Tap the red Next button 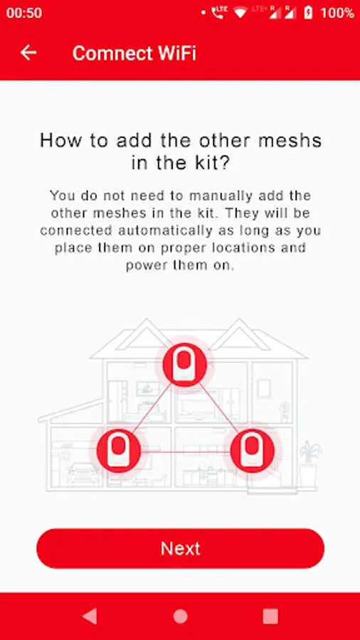point(180,548)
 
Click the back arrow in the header point(28,53)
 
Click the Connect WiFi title point(134,53)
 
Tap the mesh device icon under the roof point(184,365)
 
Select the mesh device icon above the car point(119,451)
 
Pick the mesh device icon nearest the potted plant point(253,451)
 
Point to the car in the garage point(83,474)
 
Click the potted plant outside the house point(309,464)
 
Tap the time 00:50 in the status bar point(24,13)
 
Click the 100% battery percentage point(337,13)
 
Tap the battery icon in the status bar point(309,13)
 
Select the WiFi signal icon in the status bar point(240,13)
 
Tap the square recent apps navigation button point(270,617)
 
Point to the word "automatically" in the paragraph point(165,230)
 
